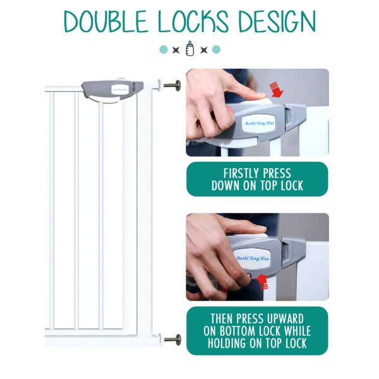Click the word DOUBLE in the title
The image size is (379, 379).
tap(105, 21)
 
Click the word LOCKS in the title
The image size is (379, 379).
tap(193, 21)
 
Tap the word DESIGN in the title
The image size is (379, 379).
tap(277, 21)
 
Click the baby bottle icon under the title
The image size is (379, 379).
tap(189, 49)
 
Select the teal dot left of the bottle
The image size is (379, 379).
tap(164, 49)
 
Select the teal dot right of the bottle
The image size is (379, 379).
tap(216, 49)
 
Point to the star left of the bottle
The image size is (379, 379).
tap(176, 50)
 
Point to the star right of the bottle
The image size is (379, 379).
tap(204, 50)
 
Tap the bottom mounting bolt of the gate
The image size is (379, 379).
tap(172, 340)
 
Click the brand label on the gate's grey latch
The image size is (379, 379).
tap(120, 90)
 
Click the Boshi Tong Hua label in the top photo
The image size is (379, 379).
tap(260, 124)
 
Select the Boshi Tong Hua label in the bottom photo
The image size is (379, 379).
tap(253, 258)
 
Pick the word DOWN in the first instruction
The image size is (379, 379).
tap(225, 186)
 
